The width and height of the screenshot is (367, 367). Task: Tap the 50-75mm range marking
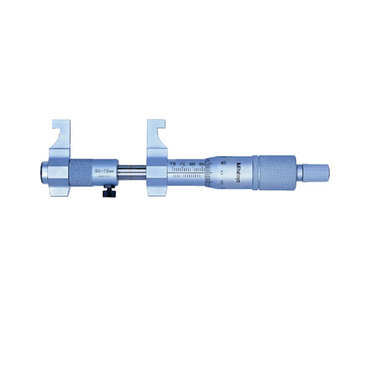point(102,166)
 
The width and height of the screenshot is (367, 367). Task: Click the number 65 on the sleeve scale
point(193,163)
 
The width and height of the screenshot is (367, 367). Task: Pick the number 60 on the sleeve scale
point(202,163)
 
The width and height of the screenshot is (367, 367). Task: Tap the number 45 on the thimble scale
point(223,163)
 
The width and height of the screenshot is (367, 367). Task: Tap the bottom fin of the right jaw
point(156,190)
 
